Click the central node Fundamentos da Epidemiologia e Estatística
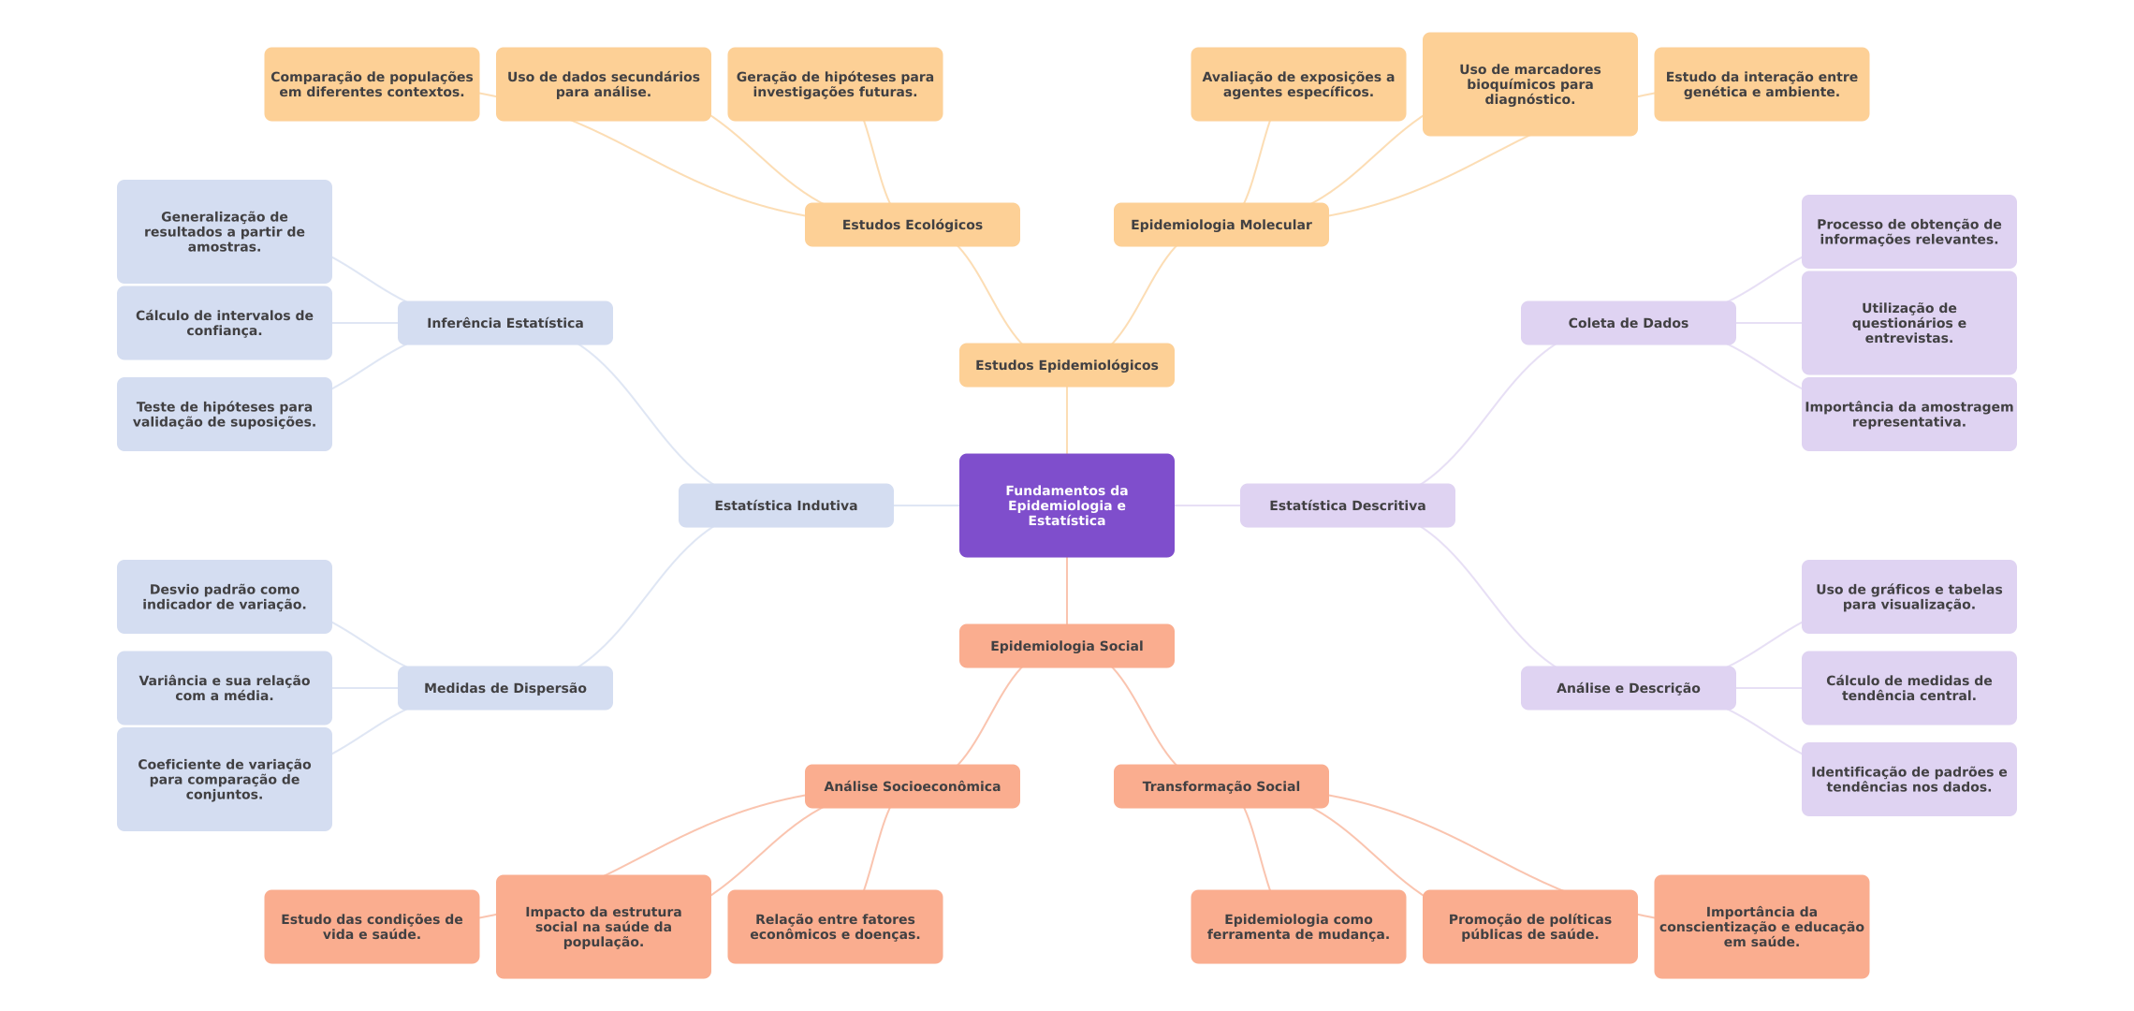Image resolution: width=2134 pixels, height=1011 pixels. pyautogui.click(x=1066, y=505)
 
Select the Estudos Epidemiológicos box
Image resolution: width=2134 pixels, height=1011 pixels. pyautogui.click(x=1066, y=365)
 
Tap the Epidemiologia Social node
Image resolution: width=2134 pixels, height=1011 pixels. pyautogui.click(x=1066, y=646)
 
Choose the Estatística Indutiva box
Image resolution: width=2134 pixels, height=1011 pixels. pyautogui.click(x=785, y=505)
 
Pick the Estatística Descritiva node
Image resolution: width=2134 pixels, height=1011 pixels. pyautogui.click(x=1347, y=505)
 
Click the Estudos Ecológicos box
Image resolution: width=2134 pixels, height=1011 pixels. pyautogui.click(x=912, y=225)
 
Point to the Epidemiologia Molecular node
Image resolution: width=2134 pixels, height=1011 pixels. pyautogui.click(x=1220, y=225)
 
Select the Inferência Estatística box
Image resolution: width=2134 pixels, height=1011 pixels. pyautogui.click(x=504, y=323)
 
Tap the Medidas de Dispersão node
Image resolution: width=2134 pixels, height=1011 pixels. pyautogui.click(x=504, y=688)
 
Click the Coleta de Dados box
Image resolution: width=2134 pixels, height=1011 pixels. pyautogui.click(x=1628, y=323)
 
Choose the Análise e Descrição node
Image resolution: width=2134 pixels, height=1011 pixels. pyautogui.click(x=1628, y=688)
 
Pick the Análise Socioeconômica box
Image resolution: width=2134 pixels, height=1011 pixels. pyautogui.click(x=912, y=786)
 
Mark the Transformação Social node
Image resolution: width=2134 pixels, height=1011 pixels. pyautogui.click(x=1220, y=786)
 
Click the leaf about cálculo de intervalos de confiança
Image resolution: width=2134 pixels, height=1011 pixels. pyautogui.click(x=224, y=323)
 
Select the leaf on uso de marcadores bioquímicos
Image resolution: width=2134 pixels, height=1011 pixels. pyautogui.click(x=1529, y=84)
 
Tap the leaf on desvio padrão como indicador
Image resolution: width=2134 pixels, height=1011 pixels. pyautogui.click(x=224, y=597)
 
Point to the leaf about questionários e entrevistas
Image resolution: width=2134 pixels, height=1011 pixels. pyautogui.click(x=1908, y=323)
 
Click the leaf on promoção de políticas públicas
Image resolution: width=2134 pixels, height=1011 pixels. pyautogui.click(x=1529, y=927)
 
